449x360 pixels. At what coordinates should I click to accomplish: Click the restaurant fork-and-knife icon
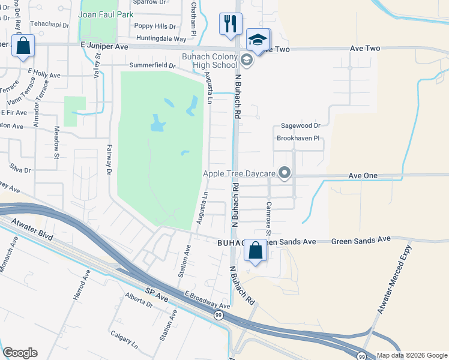[231, 24]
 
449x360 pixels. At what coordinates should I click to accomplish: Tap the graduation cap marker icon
[258, 40]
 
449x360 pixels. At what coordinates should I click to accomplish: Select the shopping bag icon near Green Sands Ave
[256, 250]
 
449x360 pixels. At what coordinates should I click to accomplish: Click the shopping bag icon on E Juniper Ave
[23, 46]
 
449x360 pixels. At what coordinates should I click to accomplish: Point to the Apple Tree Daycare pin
[285, 174]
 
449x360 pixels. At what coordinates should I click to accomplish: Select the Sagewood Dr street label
[301, 127]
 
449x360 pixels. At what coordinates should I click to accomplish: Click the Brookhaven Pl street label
[300, 138]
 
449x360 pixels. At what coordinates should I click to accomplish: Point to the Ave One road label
[363, 175]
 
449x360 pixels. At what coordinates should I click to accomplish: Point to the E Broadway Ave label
[207, 301]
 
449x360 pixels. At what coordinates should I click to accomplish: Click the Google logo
[20, 353]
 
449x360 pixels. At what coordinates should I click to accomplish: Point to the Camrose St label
[268, 217]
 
